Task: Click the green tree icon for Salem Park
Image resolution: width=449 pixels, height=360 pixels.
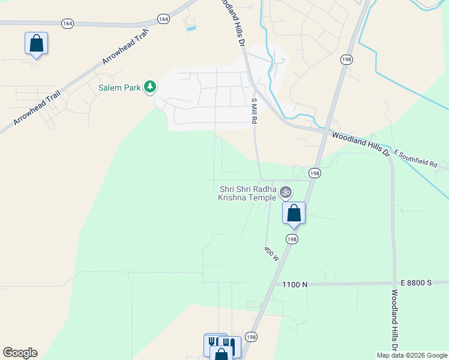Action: (x=150, y=88)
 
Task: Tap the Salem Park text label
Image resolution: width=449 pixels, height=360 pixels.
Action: (x=119, y=88)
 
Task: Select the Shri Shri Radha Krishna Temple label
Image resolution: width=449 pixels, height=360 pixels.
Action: (x=247, y=193)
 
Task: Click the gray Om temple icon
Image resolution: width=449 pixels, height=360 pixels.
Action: (x=286, y=192)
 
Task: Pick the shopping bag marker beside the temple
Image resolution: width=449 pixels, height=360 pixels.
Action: (x=294, y=213)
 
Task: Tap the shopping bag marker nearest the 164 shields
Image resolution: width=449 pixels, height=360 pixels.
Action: (x=36, y=43)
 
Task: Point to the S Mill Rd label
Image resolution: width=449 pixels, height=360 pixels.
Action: (x=255, y=111)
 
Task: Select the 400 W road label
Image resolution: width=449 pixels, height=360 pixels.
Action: (x=271, y=253)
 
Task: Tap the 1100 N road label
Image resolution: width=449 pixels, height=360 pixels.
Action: (x=295, y=284)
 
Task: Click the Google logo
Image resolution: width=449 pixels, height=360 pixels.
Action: (x=20, y=353)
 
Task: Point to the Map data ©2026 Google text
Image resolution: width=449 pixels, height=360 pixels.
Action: (x=412, y=355)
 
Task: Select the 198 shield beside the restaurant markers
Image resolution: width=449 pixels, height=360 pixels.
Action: (x=251, y=337)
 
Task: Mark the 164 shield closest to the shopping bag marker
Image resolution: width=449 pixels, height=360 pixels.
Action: (x=67, y=23)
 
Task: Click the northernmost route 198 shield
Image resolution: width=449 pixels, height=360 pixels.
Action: (x=346, y=59)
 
